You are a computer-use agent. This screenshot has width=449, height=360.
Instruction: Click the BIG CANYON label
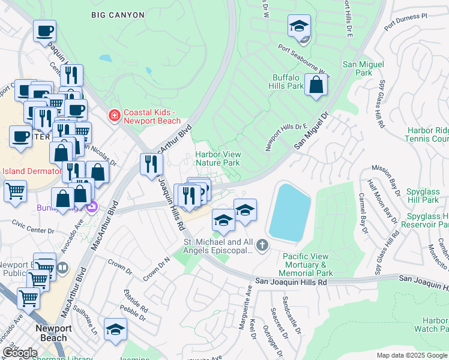(118, 14)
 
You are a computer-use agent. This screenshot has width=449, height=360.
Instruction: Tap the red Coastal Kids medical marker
(113, 114)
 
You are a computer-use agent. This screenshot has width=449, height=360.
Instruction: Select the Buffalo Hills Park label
(288, 82)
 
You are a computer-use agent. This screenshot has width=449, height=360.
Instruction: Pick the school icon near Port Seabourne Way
(299, 27)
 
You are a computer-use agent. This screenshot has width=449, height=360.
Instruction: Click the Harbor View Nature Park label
(218, 158)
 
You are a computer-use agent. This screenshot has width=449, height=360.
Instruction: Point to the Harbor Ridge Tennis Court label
(427, 134)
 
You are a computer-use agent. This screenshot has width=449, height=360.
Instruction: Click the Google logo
(19, 353)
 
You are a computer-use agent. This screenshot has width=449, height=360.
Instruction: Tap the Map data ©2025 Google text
(412, 355)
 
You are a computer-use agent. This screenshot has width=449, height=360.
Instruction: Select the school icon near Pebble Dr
(115, 330)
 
